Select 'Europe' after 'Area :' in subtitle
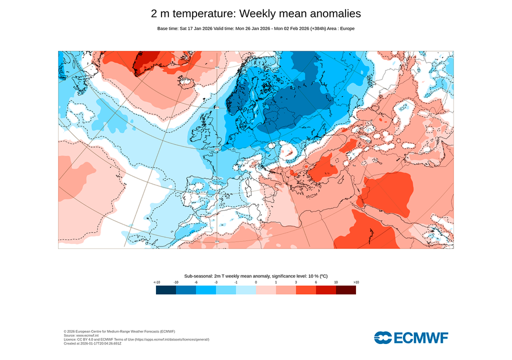(347, 28)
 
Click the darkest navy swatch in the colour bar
(165, 290)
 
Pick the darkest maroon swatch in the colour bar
(345, 290)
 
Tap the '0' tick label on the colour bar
(256, 282)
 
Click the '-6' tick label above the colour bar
(196, 282)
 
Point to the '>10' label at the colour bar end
(356, 282)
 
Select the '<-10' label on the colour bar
(156, 282)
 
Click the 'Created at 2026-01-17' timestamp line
(92, 343)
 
